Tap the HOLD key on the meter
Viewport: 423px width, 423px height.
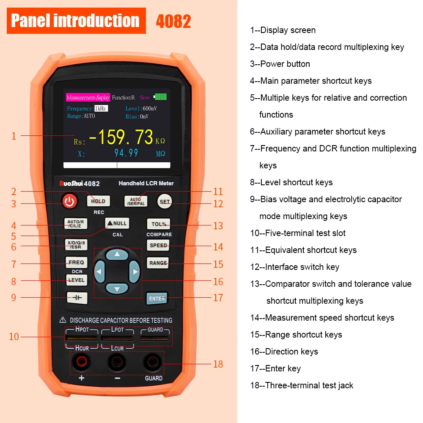pos(98,201)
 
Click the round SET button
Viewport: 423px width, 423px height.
pos(165,201)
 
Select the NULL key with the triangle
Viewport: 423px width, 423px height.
pos(117,223)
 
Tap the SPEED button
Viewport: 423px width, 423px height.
pos(158,245)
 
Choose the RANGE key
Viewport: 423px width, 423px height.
pos(158,263)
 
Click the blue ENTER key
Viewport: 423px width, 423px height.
pos(157,298)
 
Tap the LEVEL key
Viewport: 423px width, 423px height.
pos(77,280)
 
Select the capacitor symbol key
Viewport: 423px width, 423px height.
pos(77,298)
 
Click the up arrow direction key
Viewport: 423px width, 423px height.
pos(117,254)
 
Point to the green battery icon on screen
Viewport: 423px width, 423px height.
pos(160,96)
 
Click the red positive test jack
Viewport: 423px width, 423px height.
pos(82,362)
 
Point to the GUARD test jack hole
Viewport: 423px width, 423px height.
pos(153,362)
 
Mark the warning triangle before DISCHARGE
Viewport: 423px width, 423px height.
pos(63,320)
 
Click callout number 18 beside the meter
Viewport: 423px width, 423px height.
pos(218,364)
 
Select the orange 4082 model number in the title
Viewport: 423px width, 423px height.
pos(173,21)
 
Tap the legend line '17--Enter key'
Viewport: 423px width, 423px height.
pos(275,368)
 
